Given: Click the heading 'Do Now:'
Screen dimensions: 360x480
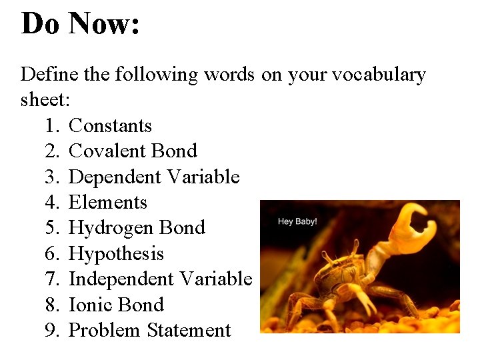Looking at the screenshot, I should click(80, 24).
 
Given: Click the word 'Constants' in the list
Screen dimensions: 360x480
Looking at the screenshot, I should click(110, 126).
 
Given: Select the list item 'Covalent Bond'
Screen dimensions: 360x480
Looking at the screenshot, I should click(133, 151).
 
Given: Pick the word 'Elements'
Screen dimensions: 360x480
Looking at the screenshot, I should click(107, 203).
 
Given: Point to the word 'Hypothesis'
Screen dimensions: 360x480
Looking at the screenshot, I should click(116, 254).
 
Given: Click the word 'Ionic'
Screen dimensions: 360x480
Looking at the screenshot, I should click(89, 305).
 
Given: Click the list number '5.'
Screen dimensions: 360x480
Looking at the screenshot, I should click(53, 228).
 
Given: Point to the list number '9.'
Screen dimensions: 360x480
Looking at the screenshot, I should click(53, 331).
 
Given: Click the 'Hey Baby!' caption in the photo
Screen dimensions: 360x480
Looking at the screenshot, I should click(297, 221).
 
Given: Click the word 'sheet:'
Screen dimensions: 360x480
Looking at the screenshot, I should click(45, 100).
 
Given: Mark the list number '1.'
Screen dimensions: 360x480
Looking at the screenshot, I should click(53, 126).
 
